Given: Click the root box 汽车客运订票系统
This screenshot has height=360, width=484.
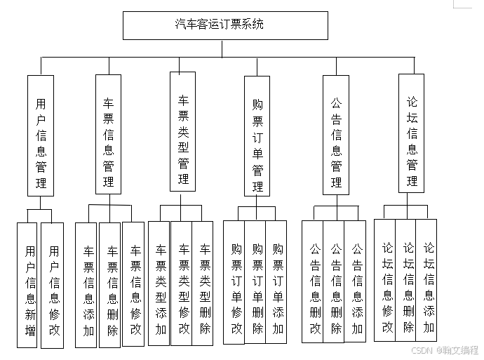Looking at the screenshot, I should (x=225, y=25).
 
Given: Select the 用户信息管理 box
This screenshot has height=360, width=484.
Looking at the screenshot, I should (x=41, y=135).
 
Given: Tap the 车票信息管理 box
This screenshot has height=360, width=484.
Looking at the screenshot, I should (x=108, y=134).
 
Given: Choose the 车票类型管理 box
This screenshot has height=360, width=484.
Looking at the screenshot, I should (x=182, y=132).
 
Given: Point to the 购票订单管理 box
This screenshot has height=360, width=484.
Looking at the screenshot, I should (x=257, y=136).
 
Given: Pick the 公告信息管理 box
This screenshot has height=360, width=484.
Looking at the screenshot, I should (x=336, y=135).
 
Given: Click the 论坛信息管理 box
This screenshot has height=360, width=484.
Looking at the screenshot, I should (x=412, y=133).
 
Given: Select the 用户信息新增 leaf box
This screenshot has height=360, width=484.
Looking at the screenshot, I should (x=27, y=285).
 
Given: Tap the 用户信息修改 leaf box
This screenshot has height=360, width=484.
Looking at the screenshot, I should (x=53, y=285).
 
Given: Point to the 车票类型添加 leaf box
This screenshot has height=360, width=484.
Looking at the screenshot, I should (x=159, y=284).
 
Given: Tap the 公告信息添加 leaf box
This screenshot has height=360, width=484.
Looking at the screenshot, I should (x=356, y=281).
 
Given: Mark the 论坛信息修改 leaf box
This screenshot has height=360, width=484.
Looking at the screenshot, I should (x=385, y=280).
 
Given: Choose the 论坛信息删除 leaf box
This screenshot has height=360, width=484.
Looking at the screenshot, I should (x=406, y=280).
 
